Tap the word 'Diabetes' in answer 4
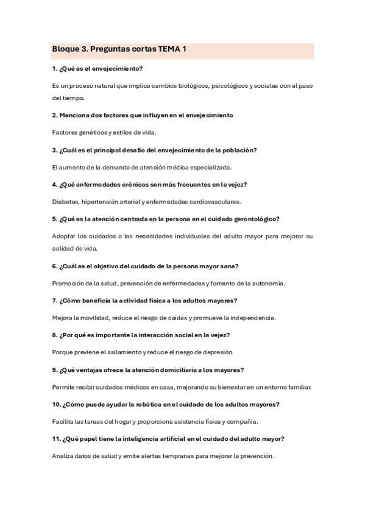tap(65, 201)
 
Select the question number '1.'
tap(55, 68)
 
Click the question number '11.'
tap(57, 438)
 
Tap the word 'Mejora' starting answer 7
tap(63, 318)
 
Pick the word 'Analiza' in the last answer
tap(65, 455)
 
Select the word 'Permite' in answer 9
tap(64, 387)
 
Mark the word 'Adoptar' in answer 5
tap(65, 235)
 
